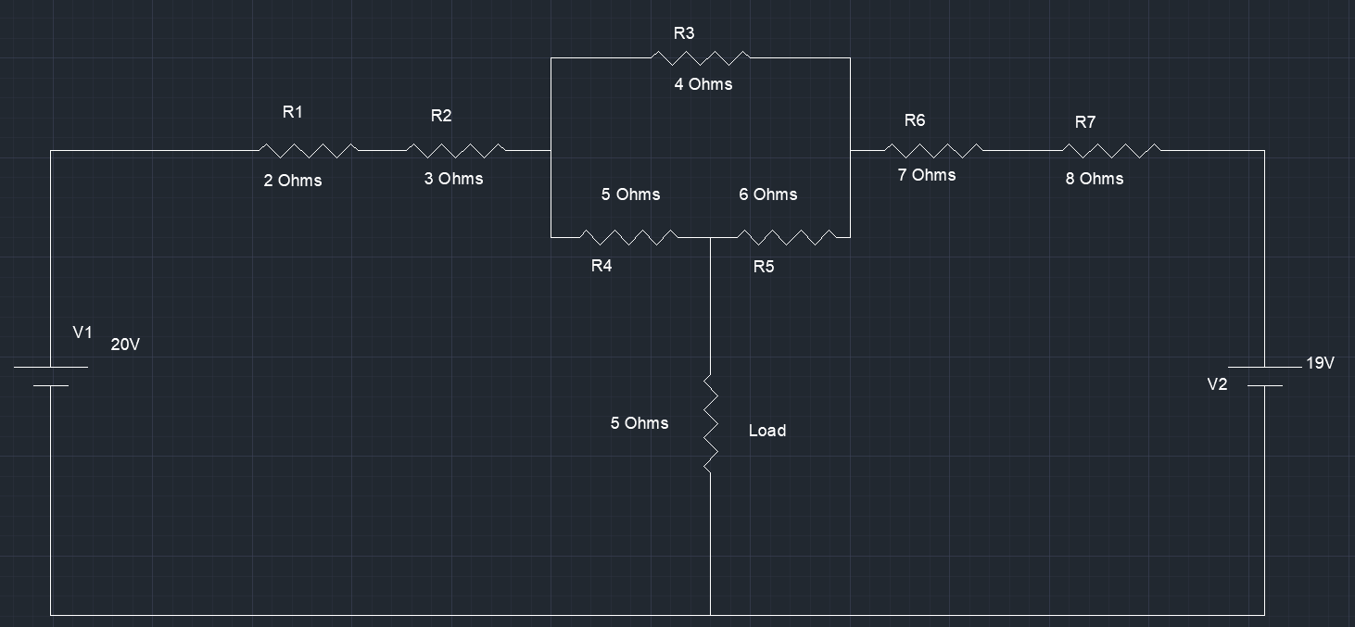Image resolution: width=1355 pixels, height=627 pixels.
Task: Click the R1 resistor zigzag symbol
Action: [x=308, y=150]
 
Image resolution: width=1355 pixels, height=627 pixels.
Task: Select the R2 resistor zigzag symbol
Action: [x=456, y=150]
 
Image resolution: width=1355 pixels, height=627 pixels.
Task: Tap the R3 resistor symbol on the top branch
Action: [x=700, y=57]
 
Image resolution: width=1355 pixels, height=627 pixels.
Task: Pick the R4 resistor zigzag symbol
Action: [x=628, y=237]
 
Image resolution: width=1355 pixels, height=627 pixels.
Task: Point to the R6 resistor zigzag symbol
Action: [x=933, y=150]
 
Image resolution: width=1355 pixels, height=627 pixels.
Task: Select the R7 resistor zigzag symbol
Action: [x=1110, y=150]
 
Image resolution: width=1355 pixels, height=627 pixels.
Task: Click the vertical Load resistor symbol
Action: [x=711, y=423]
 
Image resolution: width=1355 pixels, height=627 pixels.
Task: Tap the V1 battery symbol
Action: [x=51, y=376]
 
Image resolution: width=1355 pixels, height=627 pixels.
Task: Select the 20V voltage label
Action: [x=125, y=345]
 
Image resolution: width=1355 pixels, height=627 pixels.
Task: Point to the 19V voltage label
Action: [x=1320, y=363]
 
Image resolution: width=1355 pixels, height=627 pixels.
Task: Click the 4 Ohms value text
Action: [x=703, y=84]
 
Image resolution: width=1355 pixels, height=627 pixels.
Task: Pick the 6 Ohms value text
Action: [x=767, y=194]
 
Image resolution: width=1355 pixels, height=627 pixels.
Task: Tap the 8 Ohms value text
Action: [x=1094, y=179]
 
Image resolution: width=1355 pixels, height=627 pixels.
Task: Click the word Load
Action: [x=766, y=431]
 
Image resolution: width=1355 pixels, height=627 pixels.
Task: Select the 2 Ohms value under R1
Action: [x=292, y=181]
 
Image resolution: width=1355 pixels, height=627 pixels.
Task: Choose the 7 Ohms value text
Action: [x=926, y=175]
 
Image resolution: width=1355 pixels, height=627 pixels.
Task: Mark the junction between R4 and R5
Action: [x=711, y=237]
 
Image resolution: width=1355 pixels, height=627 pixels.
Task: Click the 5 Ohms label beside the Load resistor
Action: [x=639, y=423]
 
